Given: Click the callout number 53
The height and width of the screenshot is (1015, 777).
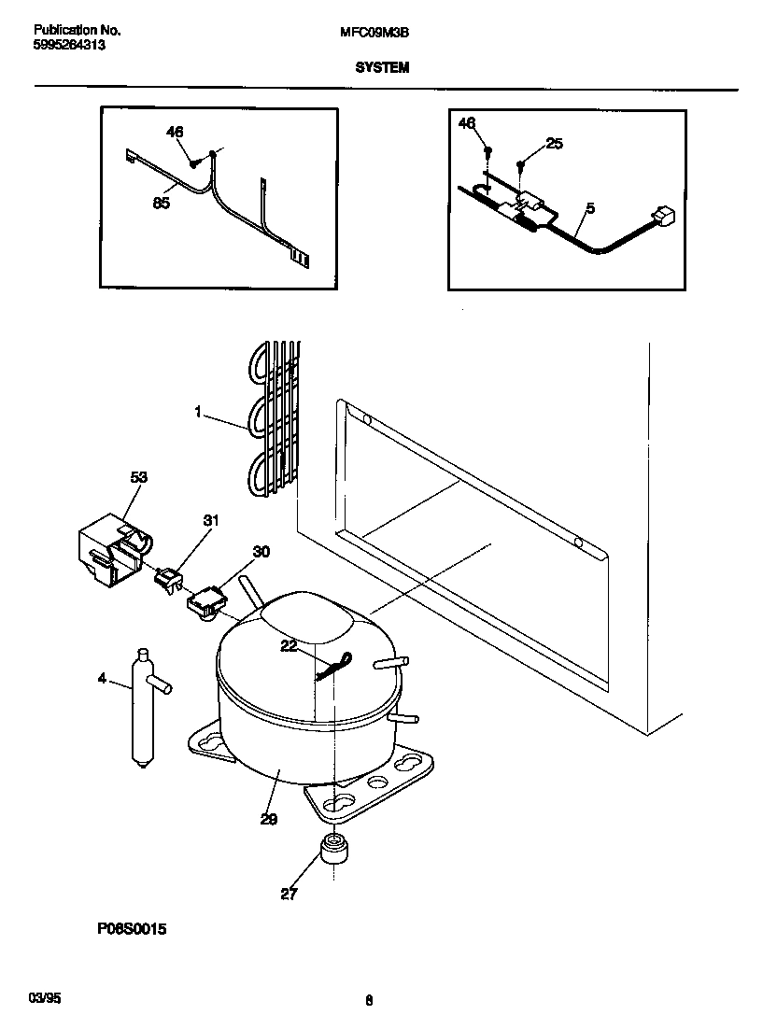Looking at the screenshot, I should click(x=138, y=478).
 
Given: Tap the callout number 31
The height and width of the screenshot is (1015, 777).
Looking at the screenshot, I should click(x=210, y=521).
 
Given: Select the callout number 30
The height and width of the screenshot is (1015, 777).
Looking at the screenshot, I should click(x=261, y=552).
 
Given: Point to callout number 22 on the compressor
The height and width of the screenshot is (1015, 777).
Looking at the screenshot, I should click(x=290, y=645).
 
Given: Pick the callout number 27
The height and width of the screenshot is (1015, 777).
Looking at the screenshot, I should click(x=289, y=894).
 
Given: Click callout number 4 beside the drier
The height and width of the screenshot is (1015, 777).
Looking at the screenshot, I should click(x=102, y=679).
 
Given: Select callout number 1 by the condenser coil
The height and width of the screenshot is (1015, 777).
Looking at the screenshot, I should click(x=198, y=411).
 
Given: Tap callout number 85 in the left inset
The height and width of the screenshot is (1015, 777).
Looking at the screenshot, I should click(x=161, y=204).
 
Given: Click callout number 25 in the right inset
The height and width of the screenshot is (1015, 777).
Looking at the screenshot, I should click(x=554, y=144).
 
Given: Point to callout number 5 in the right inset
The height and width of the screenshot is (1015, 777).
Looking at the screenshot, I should click(x=589, y=207).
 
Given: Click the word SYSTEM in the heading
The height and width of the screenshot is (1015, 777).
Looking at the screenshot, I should click(x=381, y=68).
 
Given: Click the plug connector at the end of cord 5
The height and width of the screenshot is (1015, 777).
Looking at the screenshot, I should click(x=664, y=217).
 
